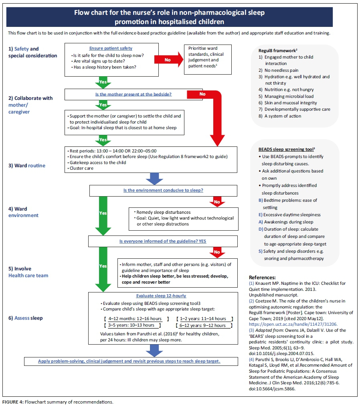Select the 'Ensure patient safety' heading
click(111, 49)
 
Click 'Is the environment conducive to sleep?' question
click(163, 190)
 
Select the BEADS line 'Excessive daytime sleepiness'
click(290, 215)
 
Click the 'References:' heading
click(262, 277)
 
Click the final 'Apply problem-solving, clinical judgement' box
click(129, 361)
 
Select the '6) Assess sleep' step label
click(26, 318)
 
